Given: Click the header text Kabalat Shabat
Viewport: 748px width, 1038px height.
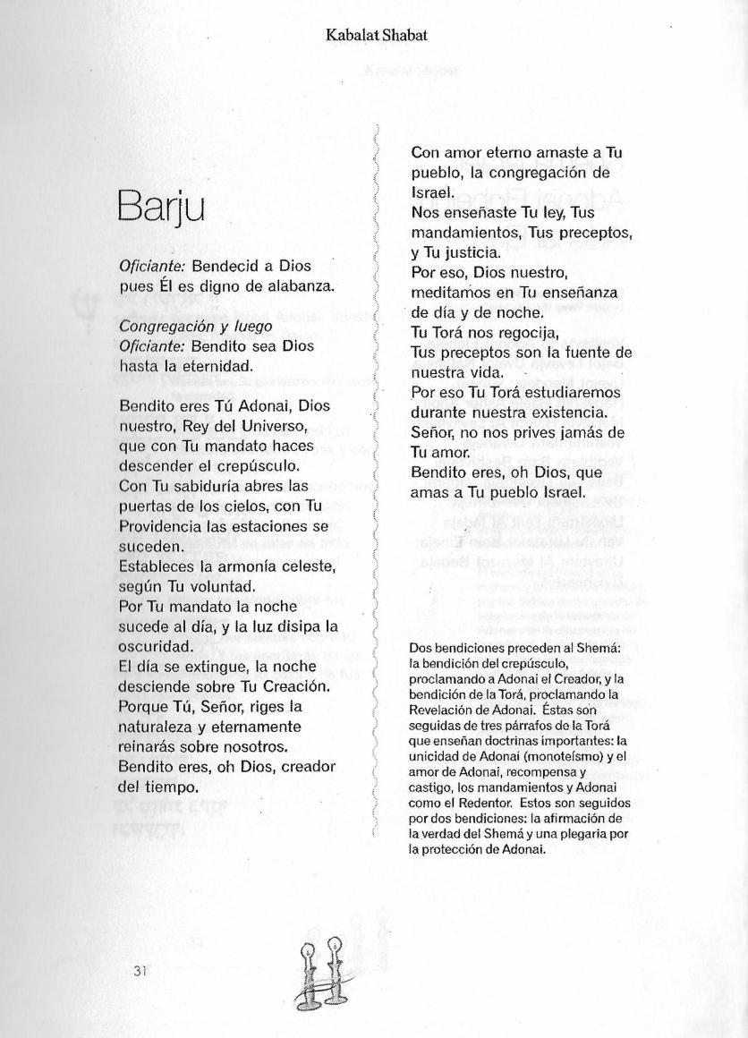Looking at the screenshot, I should [x=376, y=35].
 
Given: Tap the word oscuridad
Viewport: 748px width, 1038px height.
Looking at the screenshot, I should [x=156, y=647].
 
